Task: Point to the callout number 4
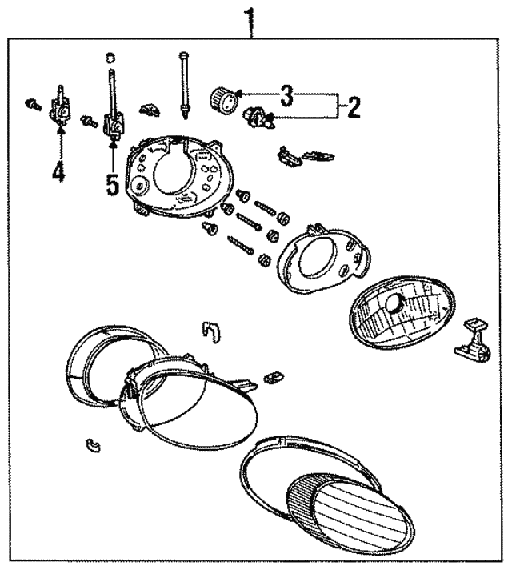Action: (58, 171)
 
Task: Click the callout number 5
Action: (113, 185)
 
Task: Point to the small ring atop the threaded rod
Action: (110, 57)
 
